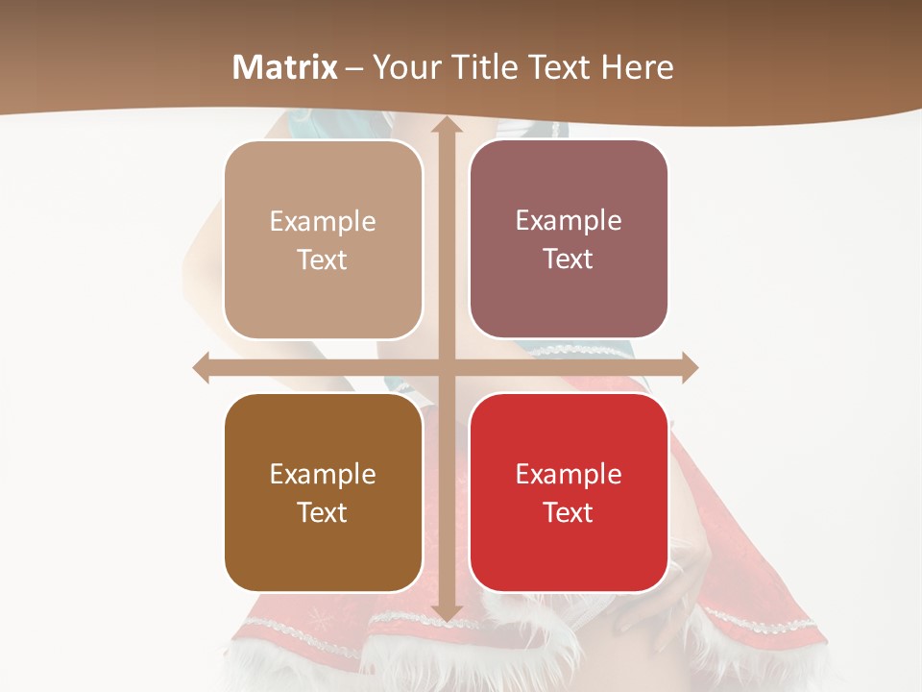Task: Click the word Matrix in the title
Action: pos(285,67)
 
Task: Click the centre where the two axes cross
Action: pos(446,367)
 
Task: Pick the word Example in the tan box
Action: pos(323,222)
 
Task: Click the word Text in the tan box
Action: pos(323,260)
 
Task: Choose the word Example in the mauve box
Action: pos(569,221)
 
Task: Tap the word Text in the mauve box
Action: pos(569,259)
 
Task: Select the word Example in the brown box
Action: pos(323,475)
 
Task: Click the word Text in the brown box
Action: pos(323,513)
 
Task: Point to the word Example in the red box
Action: pos(569,475)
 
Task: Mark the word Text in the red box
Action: pos(569,513)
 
